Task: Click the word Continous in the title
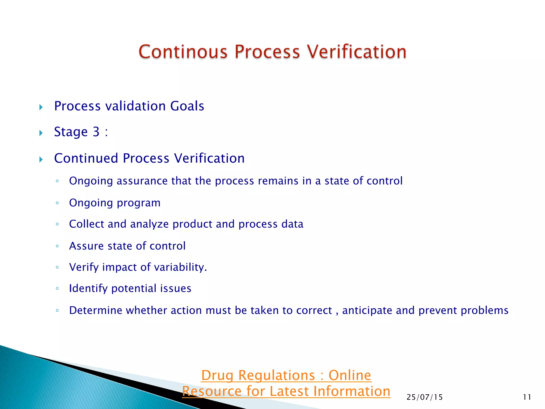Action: point(183,52)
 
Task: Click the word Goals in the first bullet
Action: point(187,106)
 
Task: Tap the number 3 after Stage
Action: point(96,132)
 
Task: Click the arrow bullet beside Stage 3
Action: point(41,133)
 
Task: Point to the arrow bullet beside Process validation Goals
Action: point(41,107)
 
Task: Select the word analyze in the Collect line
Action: point(149,224)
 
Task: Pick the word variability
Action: point(180,267)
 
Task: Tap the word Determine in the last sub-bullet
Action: point(96,310)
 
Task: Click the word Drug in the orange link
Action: point(217,376)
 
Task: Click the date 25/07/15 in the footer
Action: point(424,397)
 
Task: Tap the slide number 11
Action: point(527,397)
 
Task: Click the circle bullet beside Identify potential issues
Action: point(57,288)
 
